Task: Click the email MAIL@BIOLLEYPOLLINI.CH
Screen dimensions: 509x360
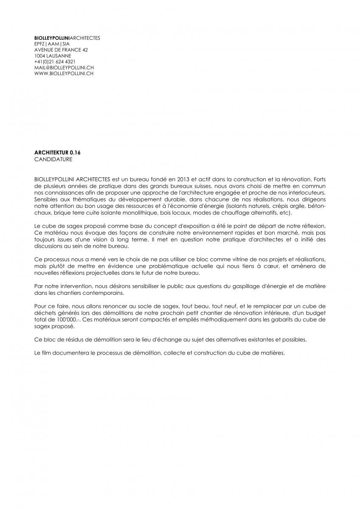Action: pyautogui.click(x=64, y=68)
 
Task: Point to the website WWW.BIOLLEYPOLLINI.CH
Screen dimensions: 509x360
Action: pyautogui.click(x=64, y=74)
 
